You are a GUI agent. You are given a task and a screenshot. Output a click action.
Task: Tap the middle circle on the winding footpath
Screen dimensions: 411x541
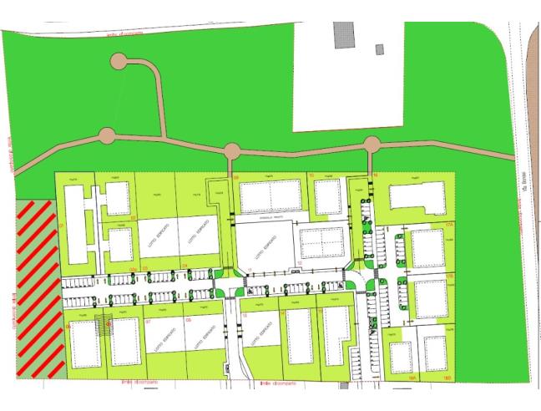(x=232, y=150)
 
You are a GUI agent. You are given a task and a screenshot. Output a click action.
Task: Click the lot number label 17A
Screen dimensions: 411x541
(x=448, y=226)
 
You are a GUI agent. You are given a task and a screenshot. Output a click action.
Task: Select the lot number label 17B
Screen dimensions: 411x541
(x=448, y=274)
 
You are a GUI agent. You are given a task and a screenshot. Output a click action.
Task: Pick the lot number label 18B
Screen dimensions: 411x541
(x=448, y=378)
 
